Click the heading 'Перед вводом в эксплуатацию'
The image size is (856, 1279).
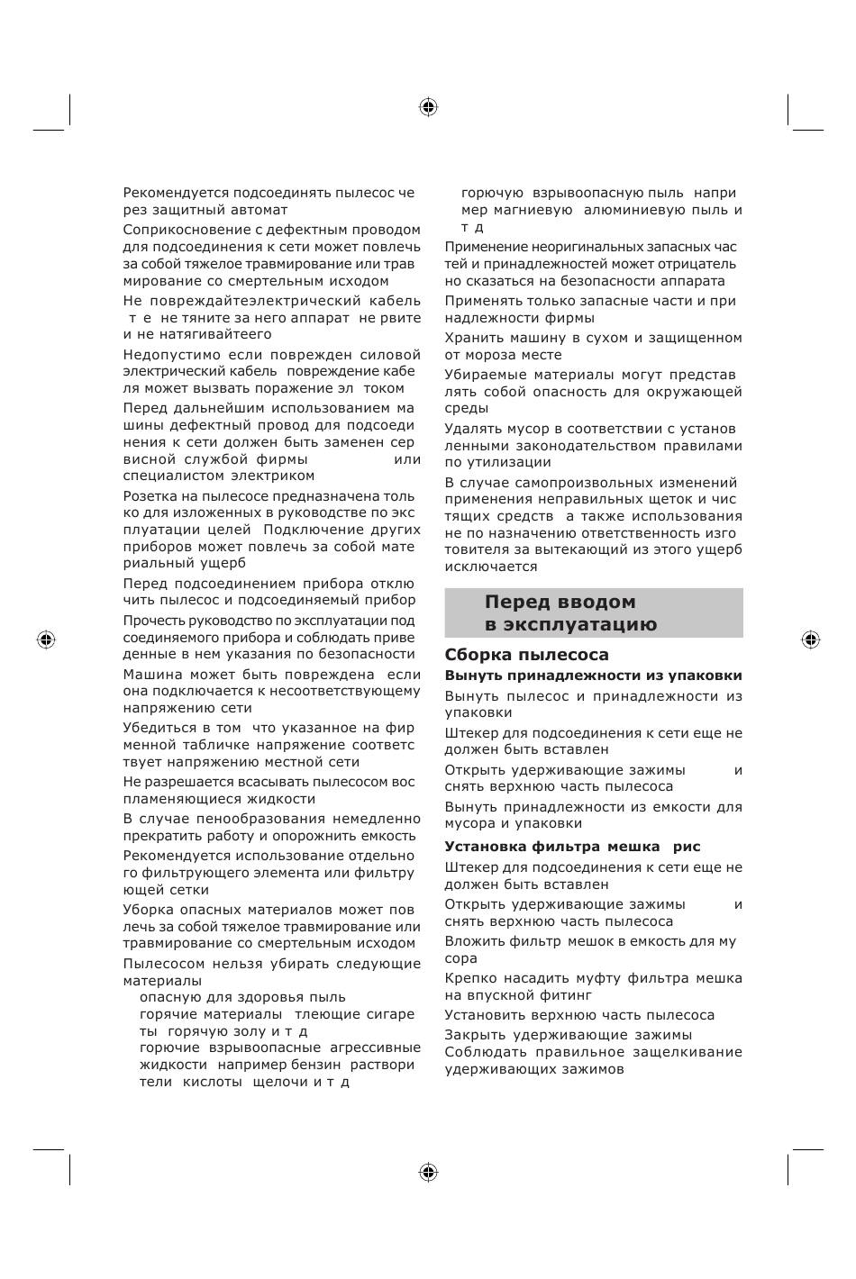[x=571, y=613]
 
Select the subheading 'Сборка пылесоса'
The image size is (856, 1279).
[x=526, y=655]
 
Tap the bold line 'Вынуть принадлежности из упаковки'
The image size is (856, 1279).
[x=593, y=676]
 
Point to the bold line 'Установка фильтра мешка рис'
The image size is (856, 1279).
[x=571, y=847]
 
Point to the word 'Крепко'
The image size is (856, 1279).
[x=469, y=978]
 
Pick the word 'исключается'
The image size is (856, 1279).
[x=490, y=567]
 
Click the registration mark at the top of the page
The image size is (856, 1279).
[x=428, y=107]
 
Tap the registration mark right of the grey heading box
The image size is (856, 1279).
[x=809, y=639]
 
